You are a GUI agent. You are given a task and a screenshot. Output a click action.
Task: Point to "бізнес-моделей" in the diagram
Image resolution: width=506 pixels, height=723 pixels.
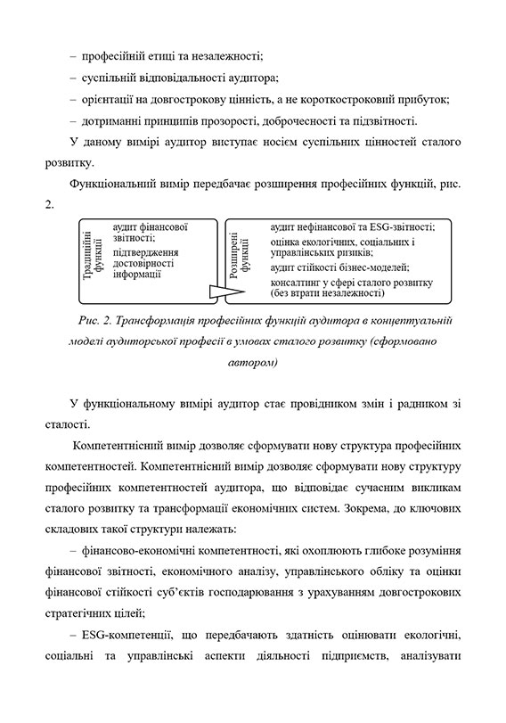[371, 267]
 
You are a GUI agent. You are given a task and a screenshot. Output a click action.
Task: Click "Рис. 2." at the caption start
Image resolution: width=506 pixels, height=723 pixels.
[100, 318]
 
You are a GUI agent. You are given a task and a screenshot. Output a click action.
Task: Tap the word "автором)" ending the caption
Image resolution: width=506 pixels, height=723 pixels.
[253, 362]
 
